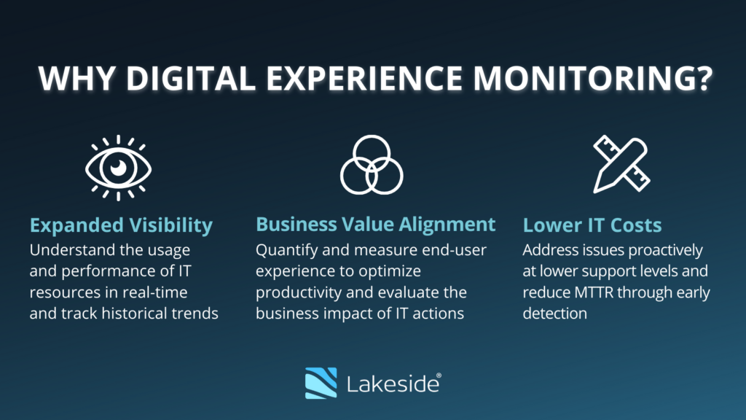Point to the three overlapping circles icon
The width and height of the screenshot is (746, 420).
pos(372,165)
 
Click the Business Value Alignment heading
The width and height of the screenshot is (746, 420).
pos(376,225)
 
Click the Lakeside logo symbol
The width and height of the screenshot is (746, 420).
pos(321,383)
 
